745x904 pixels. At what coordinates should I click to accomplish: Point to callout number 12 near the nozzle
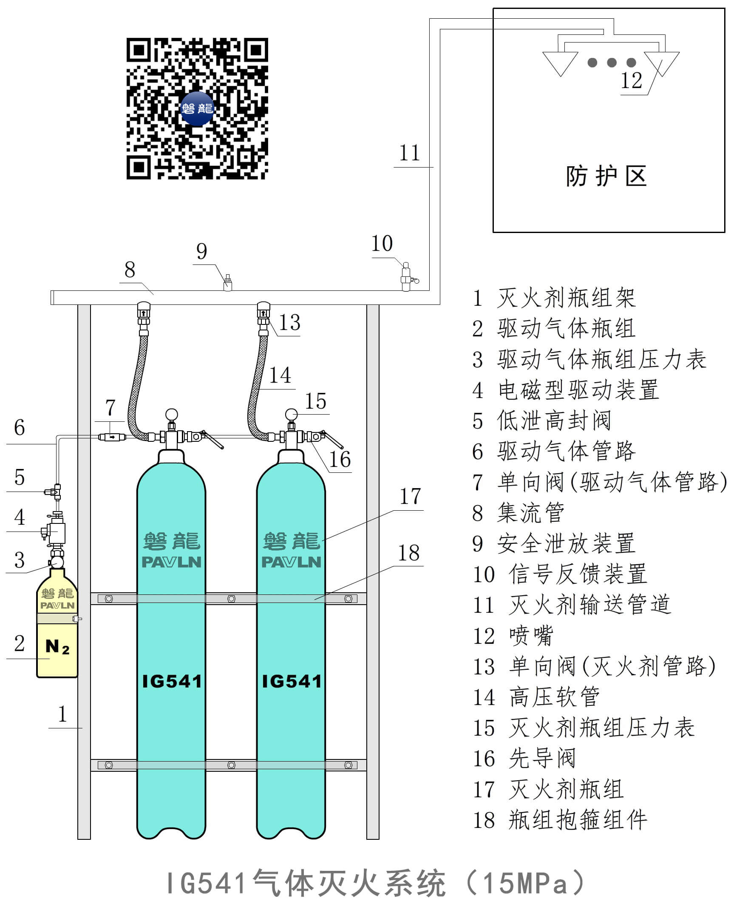(631, 81)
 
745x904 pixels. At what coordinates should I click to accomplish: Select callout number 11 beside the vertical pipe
(409, 153)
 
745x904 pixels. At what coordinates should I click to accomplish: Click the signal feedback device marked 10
(406, 276)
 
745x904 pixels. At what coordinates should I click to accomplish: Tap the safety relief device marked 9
(228, 283)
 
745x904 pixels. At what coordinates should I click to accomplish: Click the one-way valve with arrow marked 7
(112, 437)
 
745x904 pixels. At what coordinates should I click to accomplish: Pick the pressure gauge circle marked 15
(291, 415)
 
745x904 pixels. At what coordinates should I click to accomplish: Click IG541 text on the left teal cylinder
(172, 682)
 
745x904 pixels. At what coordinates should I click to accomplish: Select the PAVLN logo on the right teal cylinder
(292, 562)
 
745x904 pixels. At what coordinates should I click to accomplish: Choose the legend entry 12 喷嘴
(513, 636)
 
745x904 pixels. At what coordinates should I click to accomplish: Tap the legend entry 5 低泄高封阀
(541, 421)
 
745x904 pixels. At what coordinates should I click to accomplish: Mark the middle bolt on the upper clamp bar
(231, 599)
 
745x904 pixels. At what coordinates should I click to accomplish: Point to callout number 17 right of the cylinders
(410, 497)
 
